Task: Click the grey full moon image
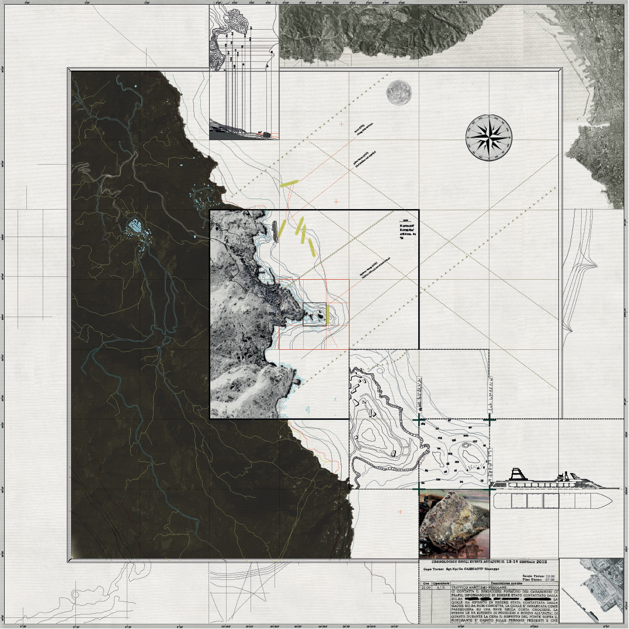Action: click(x=399, y=93)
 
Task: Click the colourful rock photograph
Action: click(x=454, y=523)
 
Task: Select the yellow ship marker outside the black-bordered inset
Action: click(x=289, y=183)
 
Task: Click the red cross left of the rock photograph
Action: click(x=400, y=512)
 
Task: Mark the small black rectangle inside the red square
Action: click(x=314, y=314)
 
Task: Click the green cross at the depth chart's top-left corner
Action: click(x=419, y=420)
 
